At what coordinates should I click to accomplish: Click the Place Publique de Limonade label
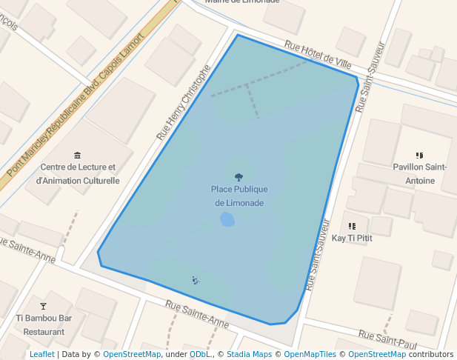(239, 196)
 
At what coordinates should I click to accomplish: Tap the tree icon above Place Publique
(238, 177)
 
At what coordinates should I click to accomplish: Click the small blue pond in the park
(227, 219)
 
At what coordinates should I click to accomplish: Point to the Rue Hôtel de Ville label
(318, 56)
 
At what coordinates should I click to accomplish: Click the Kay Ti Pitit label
(352, 238)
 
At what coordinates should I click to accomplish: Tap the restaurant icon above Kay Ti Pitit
(352, 225)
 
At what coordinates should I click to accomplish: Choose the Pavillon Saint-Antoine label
(419, 173)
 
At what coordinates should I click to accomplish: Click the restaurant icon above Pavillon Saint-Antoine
(419, 156)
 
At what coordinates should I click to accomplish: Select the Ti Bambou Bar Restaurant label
(44, 325)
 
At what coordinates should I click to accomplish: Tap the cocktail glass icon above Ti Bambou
(43, 306)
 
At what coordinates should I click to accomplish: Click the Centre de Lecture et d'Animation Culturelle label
(78, 174)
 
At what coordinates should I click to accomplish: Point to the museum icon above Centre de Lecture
(78, 155)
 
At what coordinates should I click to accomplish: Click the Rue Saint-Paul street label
(387, 339)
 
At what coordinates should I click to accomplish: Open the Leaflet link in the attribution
(41, 354)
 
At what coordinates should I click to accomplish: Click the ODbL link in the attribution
(199, 354)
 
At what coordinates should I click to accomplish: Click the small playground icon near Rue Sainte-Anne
(195, 280)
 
